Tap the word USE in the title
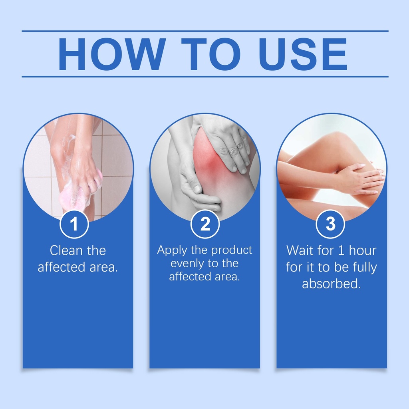(x=303, y=54)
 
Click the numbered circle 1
(x=74, y=224)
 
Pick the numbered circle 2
(x=205, y=224)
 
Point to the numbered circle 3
(x=330, y=224)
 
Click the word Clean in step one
(x=66, y=250)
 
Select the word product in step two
(x=232, y=251)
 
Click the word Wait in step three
(x=299, y=250)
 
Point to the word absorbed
(x=331, y=284)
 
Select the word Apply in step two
(x=172, y=251)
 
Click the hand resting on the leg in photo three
(x=360, y=180)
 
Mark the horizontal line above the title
(x=205, y=31)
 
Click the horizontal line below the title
(x=205, y=77)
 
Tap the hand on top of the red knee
(x=226, y=146)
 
